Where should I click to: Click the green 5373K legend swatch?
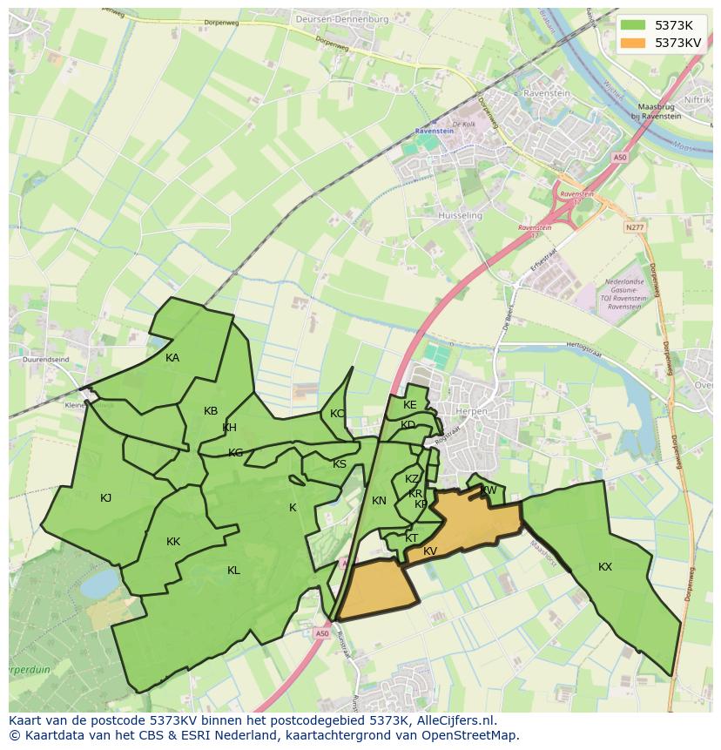click(x=634, y=25)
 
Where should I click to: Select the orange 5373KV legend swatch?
click(x=634, y=42)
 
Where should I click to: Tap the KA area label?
click(x=172, y=358)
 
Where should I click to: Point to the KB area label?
click(x=211, y=411)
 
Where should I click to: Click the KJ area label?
click(x=105, y=498)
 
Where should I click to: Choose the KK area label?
click(x=173, y=542)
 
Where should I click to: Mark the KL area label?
click(x=233, y=571)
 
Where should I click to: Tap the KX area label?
click(x=605, y=567)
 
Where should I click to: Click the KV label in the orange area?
click(x=430, y=551)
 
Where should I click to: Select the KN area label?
click(x=379, y=501)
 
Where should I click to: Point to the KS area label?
click(x=340, y=464)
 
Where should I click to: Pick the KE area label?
click(x=409, y=405)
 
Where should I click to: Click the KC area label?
click(x=337, y=414)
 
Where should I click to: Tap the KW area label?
click(x=489, y=490)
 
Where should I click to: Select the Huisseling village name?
click(x=461, y=215)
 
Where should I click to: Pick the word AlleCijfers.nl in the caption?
click(x=455, y=721)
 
